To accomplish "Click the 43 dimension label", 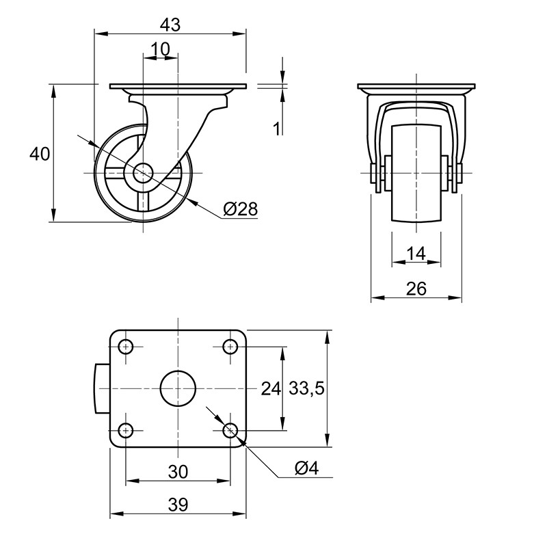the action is point(170,25).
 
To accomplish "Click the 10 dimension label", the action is point(160,49).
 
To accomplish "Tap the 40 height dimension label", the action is point(40,154).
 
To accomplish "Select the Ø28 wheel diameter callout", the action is point(241,209).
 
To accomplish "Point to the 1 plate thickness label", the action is point(277,129).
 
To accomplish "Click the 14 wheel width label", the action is point(416,254).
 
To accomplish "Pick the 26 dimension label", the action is point(416,289).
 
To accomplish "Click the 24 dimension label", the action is point(271,388).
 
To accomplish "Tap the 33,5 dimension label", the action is point(307,388).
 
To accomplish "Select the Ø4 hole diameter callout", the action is point(306,468).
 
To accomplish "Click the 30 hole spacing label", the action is point(178,472).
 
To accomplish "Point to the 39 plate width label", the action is point(178,505).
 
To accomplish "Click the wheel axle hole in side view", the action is point(143,173).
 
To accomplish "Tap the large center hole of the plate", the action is point(178,388).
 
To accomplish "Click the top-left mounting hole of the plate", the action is point(126,347).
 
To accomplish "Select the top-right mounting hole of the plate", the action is point(230,347).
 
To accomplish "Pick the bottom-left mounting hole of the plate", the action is point(126,430).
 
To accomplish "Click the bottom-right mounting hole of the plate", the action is point(230,430).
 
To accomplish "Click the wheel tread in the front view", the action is point(416,173).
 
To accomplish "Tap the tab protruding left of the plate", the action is point(102,388).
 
